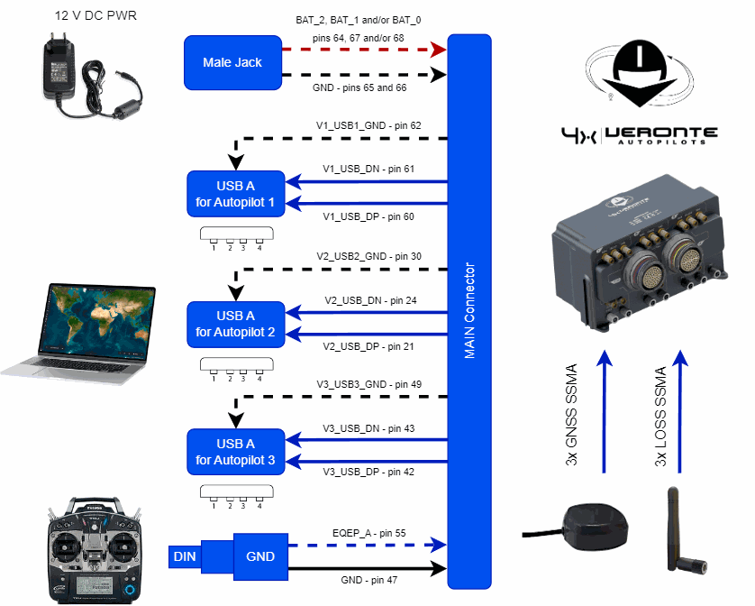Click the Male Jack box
pos(232,63)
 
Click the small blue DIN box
pos(185,557)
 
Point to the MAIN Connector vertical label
pos(469,311)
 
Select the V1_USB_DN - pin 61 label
pos(368,169)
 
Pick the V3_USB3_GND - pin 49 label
pos(368,384)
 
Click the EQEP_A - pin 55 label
pos(369,534)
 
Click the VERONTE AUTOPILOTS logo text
pos(662,135)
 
